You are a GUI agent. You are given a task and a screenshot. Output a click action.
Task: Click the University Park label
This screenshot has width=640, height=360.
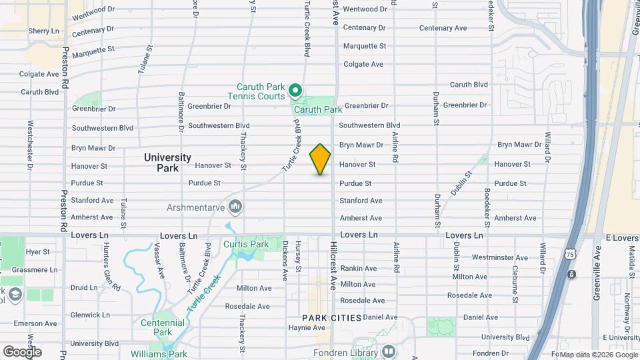click(x=168, y=163)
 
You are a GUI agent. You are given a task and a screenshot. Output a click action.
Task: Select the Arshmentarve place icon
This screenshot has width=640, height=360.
click(x=234, y=205)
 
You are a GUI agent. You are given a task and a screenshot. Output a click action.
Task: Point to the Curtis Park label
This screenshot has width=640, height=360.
click(x=246, y=245)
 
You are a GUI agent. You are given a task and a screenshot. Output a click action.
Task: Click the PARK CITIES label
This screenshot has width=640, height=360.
click(x=331, y=318)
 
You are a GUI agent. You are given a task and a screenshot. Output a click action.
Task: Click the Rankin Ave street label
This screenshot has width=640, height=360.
click(x=359, y=269)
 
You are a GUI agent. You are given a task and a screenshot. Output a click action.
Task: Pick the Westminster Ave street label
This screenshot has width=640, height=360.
click(x=499, y=257)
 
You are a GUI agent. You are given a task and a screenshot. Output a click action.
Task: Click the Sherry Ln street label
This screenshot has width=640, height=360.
click(x=44, y=31)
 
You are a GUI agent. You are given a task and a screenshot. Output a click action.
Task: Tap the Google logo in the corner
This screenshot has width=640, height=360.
click(x=22, y=351)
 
